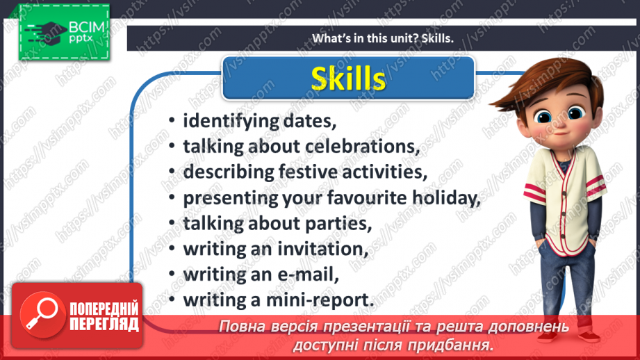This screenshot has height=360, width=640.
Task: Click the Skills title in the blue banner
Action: (348, 78)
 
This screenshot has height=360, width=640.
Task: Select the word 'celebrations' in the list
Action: (372, 147)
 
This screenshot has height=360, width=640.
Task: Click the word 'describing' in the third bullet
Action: (224, 172)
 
